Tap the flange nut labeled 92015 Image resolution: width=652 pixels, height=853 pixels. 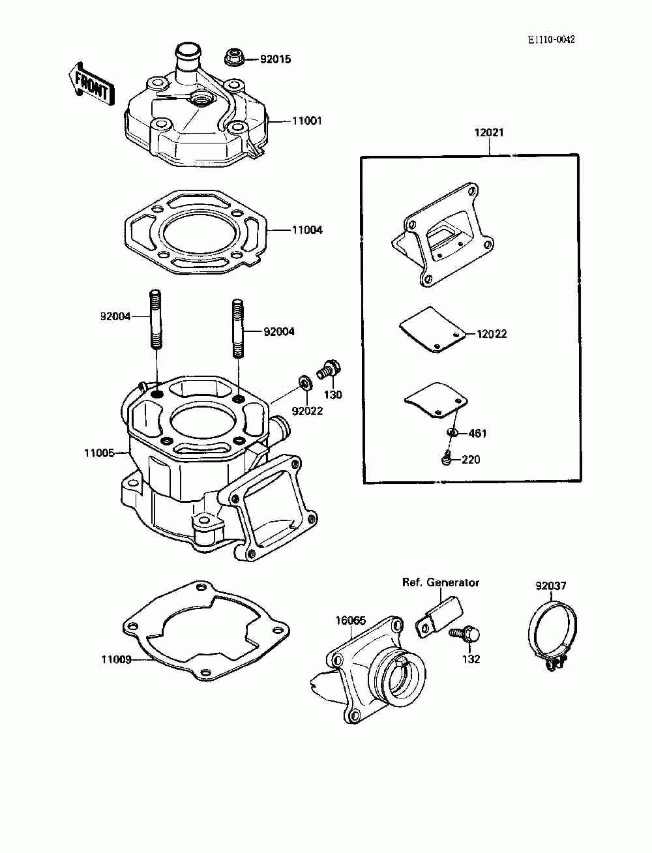coord(233,57)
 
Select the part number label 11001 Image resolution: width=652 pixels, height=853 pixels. coord(307,121)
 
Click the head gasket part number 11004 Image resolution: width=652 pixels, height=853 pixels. coord(307,230)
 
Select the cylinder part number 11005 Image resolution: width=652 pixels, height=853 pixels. coord(99,453)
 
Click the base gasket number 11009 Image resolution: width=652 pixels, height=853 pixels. coord(116,659)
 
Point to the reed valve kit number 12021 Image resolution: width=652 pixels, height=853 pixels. coord(489,133)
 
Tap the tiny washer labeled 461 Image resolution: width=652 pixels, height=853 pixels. coord(451,432)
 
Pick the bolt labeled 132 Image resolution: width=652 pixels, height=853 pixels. coord(465,635)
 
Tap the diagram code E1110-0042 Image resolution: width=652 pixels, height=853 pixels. coord(551,39)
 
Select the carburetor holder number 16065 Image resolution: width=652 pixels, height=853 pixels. coord(351,621)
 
